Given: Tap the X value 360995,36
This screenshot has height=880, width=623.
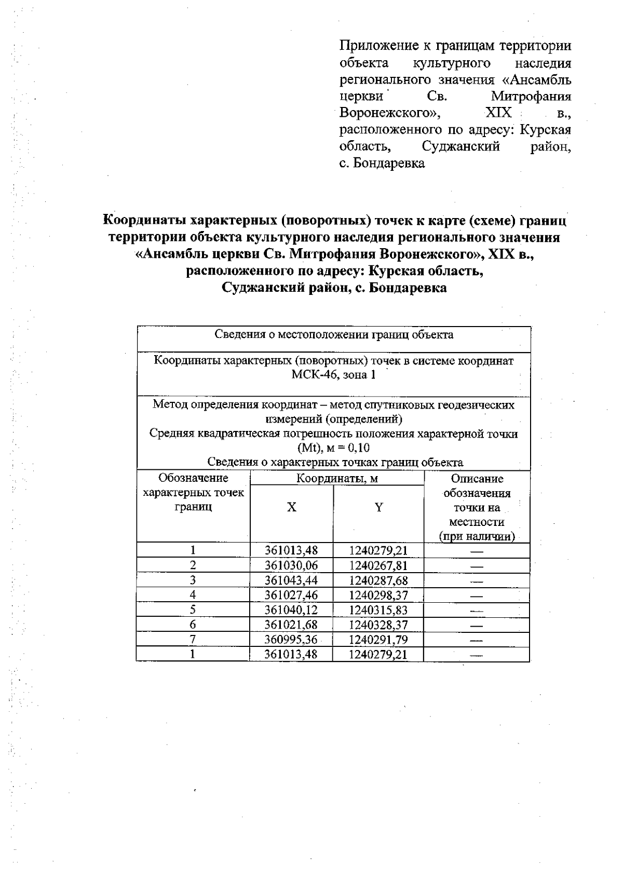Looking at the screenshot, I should (x=291, y=639).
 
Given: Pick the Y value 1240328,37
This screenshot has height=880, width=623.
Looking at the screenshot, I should (x=378, y=625).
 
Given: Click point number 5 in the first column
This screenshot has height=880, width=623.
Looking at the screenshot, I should (x=193, y=610).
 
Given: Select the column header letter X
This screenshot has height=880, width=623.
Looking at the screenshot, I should (x=292, y=507).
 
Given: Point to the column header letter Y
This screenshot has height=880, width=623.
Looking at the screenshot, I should (x=378, y=507).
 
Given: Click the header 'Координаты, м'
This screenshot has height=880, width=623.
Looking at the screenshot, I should (x=337, y=478).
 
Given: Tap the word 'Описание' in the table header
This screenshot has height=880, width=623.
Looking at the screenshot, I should (x=477, y=479).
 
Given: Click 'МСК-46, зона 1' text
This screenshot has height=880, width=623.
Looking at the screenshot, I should (x=333, y=375).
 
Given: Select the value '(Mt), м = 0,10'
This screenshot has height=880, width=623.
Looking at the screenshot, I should (x=333, y=448).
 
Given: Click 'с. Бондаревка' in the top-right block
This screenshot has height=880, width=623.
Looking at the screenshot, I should (x=382, y=164).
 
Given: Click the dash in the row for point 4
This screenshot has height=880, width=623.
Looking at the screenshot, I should (x=477, y=595).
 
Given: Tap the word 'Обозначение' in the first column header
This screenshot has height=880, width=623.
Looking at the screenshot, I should (x=193, y=478).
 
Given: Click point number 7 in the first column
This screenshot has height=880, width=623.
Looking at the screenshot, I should (x=193, y=639).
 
